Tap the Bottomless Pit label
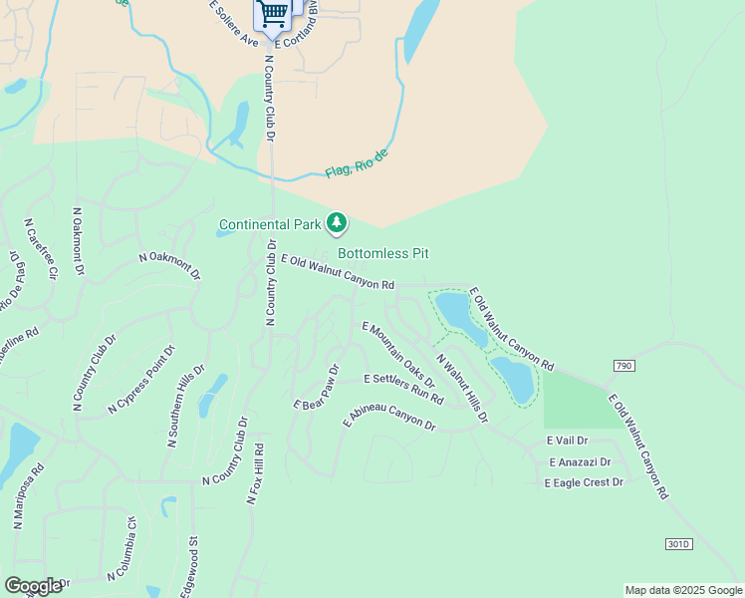(382, 253)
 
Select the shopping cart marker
(273, 13)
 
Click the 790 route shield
(624, 366)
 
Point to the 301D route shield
(677, 543)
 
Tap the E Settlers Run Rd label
(402, 388)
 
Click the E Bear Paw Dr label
(317, 388)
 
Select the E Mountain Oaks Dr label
(398, 354)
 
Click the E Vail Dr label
(567, 440)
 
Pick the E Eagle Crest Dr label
(583, 482)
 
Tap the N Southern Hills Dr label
(185, 407)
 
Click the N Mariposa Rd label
(28, 494)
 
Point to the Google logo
(33, 586)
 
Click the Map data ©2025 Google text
(683, 590)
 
